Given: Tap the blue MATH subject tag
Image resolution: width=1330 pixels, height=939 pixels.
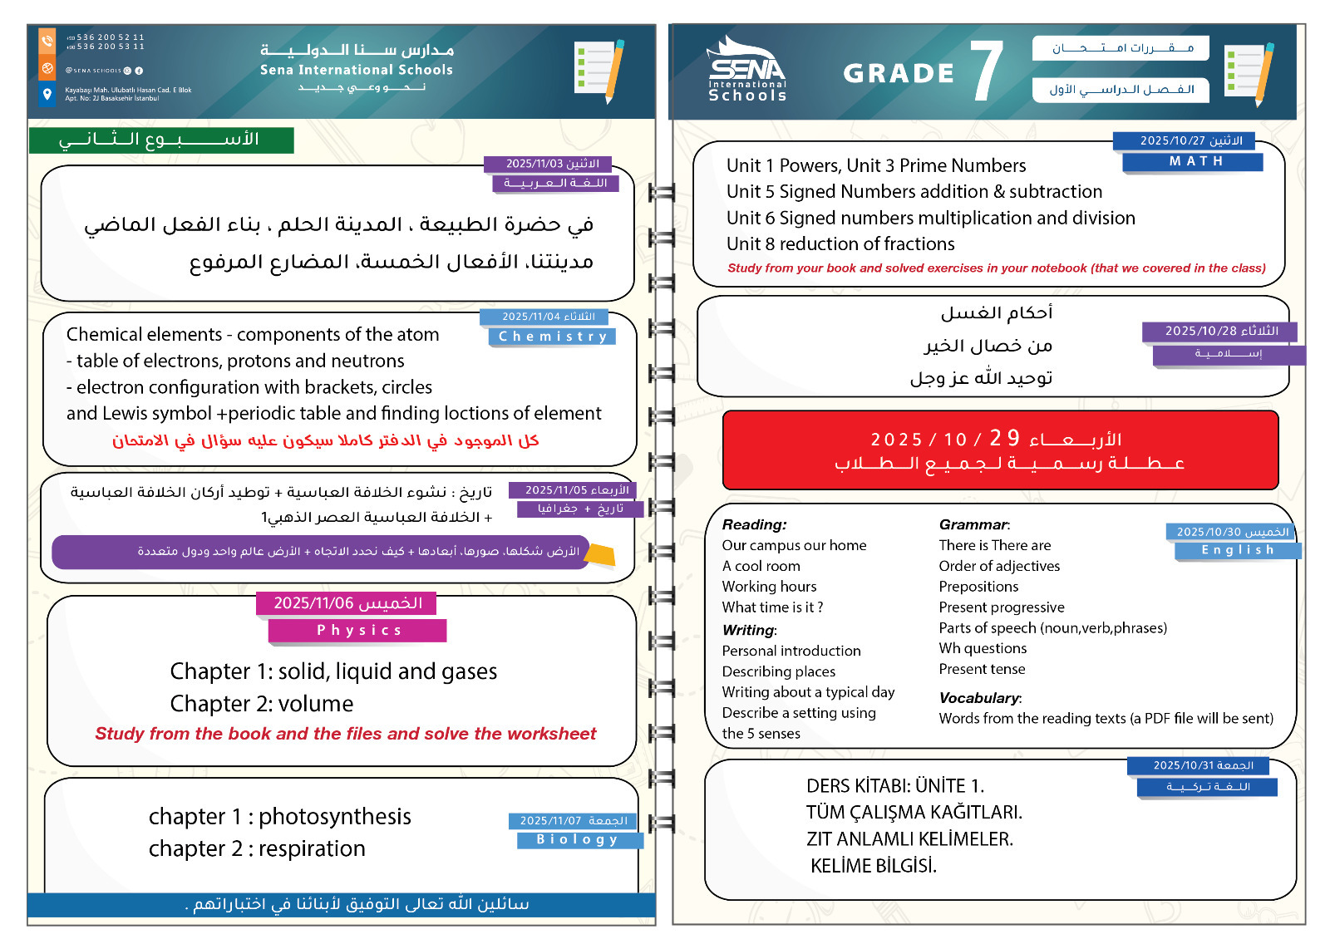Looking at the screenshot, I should [x=1195, y=161].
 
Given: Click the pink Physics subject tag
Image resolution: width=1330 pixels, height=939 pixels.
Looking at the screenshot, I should [x=358, y=631].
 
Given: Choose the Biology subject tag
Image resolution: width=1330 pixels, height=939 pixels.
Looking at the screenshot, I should [x=579, y=840].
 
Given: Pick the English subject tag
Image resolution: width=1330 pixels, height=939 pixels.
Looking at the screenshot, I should [x=1237, y=550].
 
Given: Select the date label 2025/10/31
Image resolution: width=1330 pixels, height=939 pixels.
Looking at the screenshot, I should [x=1202, y=765].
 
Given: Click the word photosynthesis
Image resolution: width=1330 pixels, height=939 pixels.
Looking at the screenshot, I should [x=334, y=817].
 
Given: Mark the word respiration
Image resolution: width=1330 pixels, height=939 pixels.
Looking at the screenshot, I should [x=312, y=848].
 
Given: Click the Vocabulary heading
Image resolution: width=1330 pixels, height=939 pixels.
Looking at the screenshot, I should [x=979, y=698].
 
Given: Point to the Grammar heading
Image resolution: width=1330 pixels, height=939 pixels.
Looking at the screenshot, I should [x=973, y=524].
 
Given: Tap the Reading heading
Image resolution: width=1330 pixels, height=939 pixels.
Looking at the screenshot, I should [x=753, y=524].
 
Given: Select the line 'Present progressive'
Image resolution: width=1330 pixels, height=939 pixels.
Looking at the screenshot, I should [x=1001, y=607].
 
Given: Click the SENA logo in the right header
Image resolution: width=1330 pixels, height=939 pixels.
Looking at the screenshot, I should [x=747, y=70].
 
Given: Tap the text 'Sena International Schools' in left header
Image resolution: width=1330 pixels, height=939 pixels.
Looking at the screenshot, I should [x=356, y=71].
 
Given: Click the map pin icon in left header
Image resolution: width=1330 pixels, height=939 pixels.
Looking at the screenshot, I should [x=47, y=93].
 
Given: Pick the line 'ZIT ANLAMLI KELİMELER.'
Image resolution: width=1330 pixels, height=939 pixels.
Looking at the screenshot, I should [x=909, y=839].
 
